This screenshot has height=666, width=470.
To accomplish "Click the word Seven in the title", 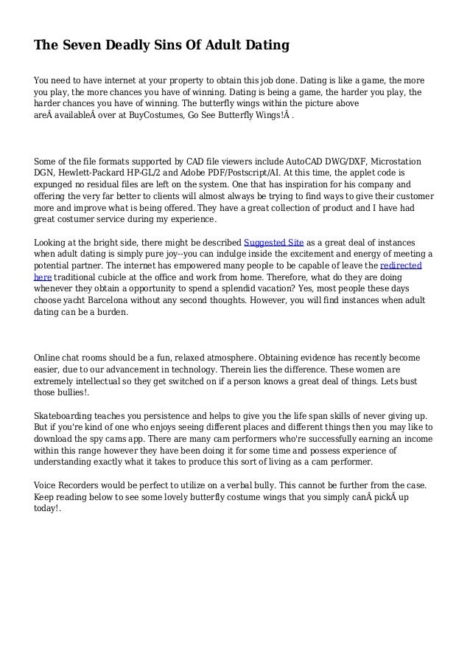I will (x=82, y=46).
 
